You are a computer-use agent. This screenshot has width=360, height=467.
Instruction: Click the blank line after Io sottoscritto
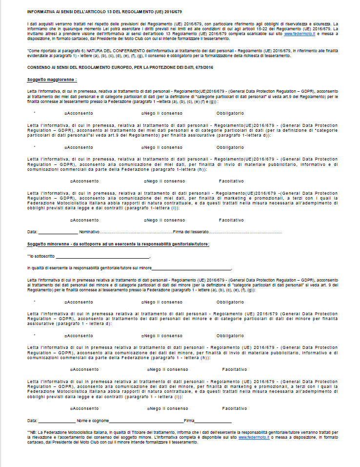102,256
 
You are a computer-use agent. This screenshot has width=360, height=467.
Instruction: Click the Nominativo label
89,232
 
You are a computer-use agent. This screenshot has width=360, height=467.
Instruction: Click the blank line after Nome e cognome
146,420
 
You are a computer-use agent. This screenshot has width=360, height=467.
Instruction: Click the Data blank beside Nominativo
57,232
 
